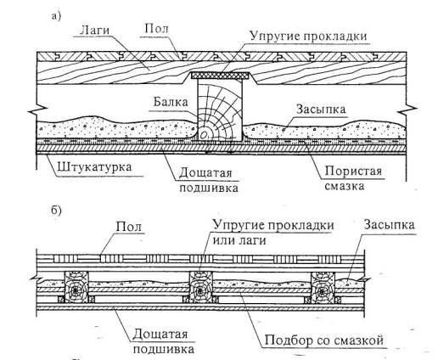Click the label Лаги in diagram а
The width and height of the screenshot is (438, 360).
pyautogui.click(x=94, y=30)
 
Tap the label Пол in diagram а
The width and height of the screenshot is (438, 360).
pyautogui.click(x=156, y=29)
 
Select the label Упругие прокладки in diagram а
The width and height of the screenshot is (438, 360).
pyautogui.click(x=308, y=37)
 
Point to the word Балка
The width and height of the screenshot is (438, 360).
pyautogui.click(x=171, y=102)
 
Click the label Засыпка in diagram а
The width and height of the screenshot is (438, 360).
pyautogui.click(x=321, y=109)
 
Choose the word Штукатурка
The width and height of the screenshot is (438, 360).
pyautogui.click(x=94, y=167)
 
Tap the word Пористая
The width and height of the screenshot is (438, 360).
pyautogui.click(x=353, y=171)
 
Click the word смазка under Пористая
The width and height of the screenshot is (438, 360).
pyautogui.click(x=344, y=186)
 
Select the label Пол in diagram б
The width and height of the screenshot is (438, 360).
pyautogui.click(x=129, y=227)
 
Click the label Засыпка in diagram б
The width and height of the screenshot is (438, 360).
pyautogui.click(x=389, y=225)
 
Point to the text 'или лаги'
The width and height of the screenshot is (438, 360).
pyautogui.click(x=239, y=240)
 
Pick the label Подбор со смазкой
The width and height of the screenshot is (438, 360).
pyautogui.click(x=324, y=340)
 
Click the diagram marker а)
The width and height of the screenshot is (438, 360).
pyautogui.click(x=56, y=16)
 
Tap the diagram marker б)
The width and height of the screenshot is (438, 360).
pyautogui.click(x=56, y=211)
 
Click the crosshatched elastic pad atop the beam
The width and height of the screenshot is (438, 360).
pyautogui.click(x=220, y=76)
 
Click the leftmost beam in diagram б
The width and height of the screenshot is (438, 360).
pyautogui.click(x=76, y=287)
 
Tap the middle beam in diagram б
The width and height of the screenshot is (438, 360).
pyautogui.click(x=200, y=287)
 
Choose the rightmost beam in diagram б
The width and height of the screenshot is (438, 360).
pyautogui.click(x=323, y=287)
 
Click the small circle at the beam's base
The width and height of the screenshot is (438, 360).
pyautogui.click(x=204, y=136)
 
